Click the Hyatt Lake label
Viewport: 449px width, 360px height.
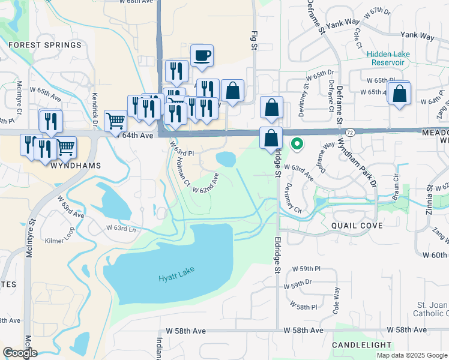pyautogui.click(x=177, y=278)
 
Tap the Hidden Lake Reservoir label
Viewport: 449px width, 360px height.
pyautogui.click(x=388, y=58)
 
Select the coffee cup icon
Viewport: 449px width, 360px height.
pyautogui.click(x=202, y=56)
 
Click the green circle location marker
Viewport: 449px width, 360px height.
pyautogui.click(x=297, y=144)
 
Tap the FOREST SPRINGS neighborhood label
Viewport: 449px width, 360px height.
pyautogui.click(x=44, y=45)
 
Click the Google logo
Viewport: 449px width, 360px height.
pyautogui.click(x=20, y=353)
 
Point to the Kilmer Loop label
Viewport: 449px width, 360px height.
pyautogui.click(x=62, y=240)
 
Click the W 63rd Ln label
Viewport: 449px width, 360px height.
pyautogui.click(x=121, y=228)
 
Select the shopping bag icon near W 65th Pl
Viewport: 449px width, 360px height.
pyautogui.click(x=399, y=95)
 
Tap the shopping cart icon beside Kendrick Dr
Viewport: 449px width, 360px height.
pyautogui.click(x=115, y=121)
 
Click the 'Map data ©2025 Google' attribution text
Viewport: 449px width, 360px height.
pyautogui.click(x=411, y=355)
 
